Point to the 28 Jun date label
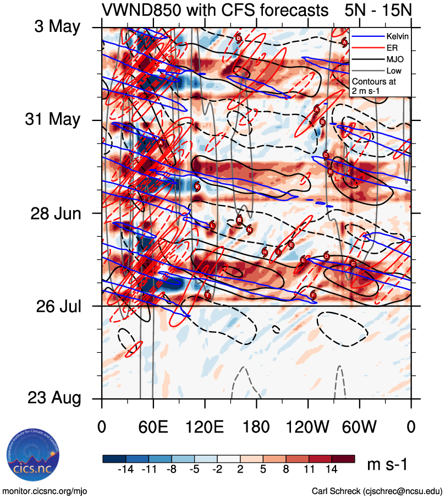55,213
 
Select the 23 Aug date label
53,398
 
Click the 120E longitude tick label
205,426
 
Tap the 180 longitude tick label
256,426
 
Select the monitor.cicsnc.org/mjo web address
45,491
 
